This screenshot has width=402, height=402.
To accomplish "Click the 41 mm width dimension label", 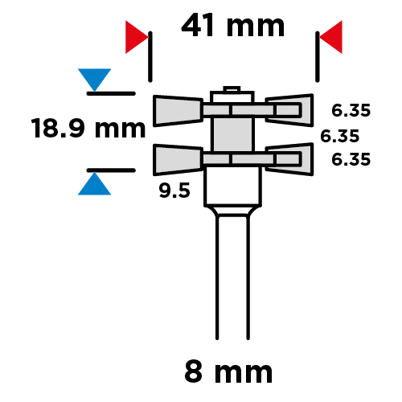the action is [232, 25].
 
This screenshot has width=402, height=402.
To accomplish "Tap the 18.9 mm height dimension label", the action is [88, 129].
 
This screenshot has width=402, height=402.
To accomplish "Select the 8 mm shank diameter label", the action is [228, 372].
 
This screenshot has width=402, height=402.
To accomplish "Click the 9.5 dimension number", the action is [174, 191].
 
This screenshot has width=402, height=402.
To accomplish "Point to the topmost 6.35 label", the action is [351, 110].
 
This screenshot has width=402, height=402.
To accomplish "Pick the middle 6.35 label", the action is [339, 136].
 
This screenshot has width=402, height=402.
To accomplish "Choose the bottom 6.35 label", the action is [351, 159].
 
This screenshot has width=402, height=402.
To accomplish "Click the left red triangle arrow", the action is [137, 37].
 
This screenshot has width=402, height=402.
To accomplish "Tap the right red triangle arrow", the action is [330, 37].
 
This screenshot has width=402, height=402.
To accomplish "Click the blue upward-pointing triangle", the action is [94, 183].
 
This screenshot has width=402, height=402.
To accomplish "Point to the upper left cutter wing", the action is [178, 111].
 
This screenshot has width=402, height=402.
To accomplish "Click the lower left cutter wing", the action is [178, 160].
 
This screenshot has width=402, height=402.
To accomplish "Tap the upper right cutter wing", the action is [289, 110].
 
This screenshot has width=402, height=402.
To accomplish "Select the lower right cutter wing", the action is [289, 159].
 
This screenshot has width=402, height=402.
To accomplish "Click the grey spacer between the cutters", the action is [232, 134].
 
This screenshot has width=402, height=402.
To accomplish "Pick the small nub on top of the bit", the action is [232, 89].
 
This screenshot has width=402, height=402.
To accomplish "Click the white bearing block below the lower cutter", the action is [232, 187].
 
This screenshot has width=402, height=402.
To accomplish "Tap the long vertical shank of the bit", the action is [232, 277].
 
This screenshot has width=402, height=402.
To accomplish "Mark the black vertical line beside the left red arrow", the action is [150, 56].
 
